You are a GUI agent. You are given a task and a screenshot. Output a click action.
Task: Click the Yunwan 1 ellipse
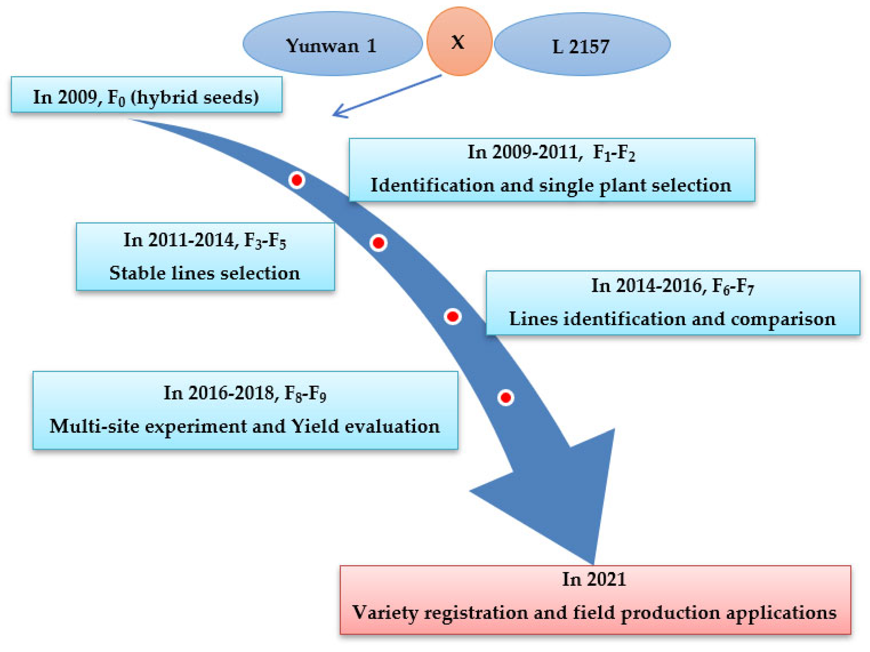pos(332,44)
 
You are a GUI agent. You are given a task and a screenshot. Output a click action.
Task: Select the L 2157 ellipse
pos(582,45)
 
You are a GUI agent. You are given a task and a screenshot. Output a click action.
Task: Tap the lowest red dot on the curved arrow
pos(506,398)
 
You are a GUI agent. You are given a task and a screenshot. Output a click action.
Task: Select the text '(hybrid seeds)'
pos(194,97)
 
